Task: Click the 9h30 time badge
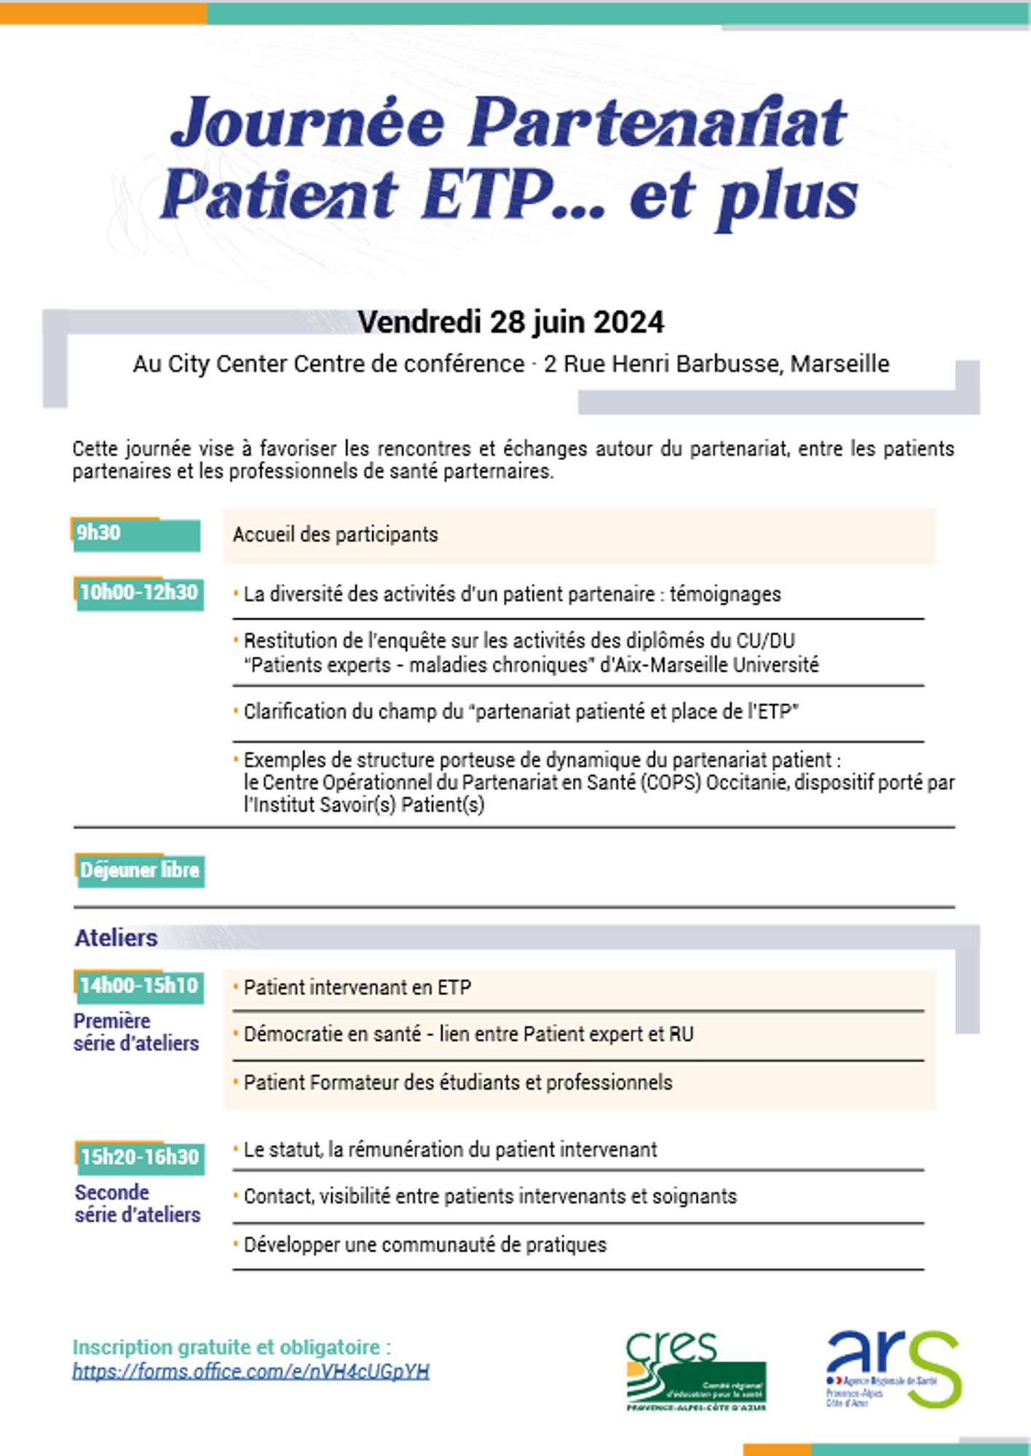pos(136,534)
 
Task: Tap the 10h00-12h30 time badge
pos(138,593)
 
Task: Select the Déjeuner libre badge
pos(140,871)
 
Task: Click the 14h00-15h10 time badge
pos(138,986)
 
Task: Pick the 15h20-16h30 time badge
pos(140,1158)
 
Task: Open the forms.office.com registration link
pos(250,1372)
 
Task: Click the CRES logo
pos(695,1372)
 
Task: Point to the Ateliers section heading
pos(116,938)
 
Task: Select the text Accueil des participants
pos(336,535)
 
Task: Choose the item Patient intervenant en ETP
pos(357,988)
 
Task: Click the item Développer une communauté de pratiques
pos(424,1245)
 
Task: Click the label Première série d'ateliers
pos(135,1032)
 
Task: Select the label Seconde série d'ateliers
pos(137,1204)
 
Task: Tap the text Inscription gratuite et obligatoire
pos(232,1348)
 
